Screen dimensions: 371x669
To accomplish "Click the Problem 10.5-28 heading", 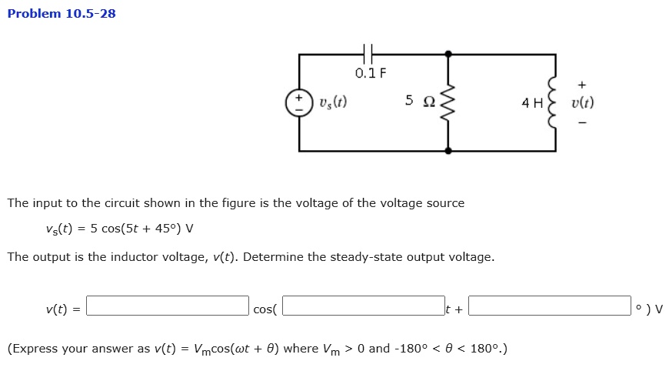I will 62,13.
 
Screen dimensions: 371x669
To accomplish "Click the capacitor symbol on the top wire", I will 369,54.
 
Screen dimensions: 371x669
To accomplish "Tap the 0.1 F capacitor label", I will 371,74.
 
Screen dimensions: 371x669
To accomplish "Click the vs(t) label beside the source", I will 333,102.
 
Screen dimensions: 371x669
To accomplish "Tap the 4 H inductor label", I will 532,102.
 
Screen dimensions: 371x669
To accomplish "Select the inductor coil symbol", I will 553,102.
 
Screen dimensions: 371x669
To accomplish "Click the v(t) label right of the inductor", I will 582,102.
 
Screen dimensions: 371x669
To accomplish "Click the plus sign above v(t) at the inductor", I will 582,84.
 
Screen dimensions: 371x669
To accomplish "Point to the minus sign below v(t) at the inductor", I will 582,122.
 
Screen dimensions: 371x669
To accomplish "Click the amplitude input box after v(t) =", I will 168,306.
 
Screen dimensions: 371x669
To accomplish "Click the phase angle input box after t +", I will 549,306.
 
